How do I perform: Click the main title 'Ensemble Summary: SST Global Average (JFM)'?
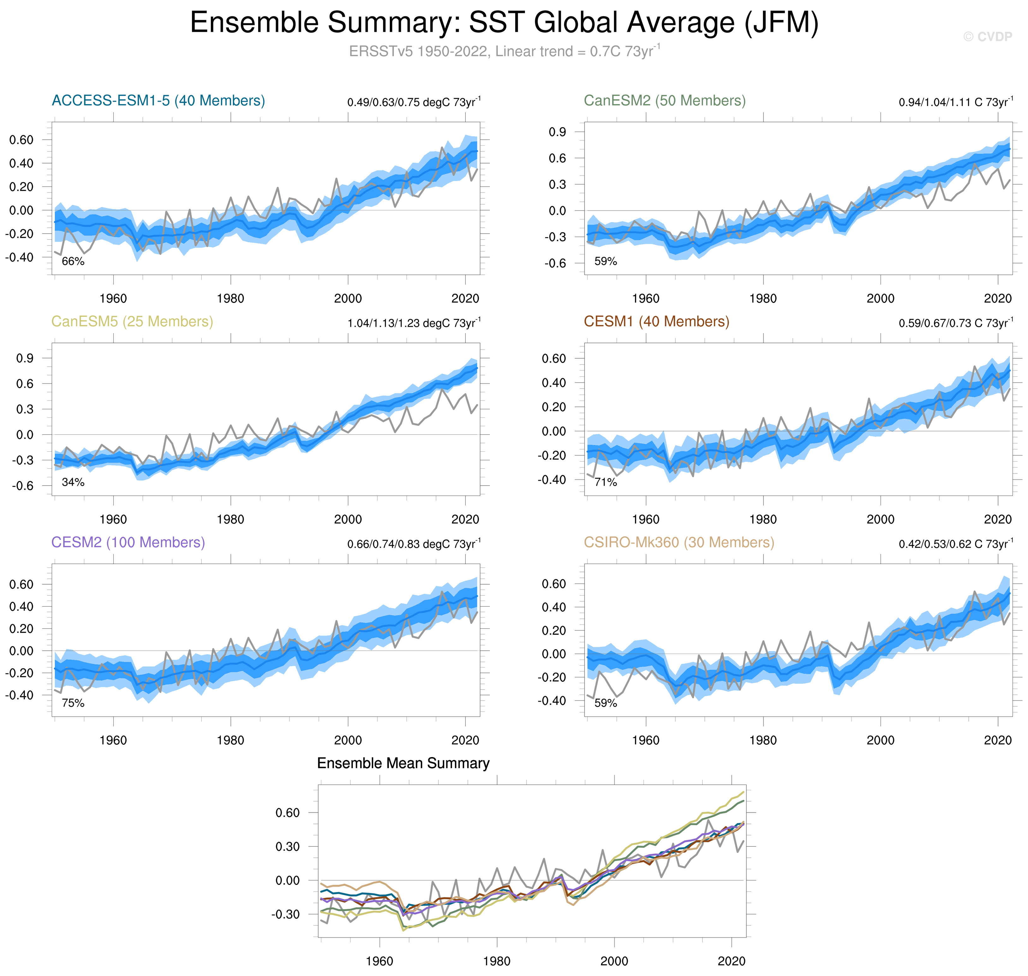[x=504, y=23]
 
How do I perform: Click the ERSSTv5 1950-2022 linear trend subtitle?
[x=504, y=51]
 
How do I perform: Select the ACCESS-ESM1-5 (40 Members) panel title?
[x=158, y=100]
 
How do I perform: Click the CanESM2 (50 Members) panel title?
[x=664, y=100]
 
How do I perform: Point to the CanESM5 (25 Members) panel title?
[x=132, y=321]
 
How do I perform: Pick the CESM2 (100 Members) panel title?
[x=128, y=542]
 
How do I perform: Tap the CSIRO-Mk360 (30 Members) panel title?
[x=679, y=542]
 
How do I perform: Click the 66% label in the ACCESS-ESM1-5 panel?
[x=73, y=261]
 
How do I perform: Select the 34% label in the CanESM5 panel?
[x=73, y=482]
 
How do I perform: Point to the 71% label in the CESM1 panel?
[x=605, y=482]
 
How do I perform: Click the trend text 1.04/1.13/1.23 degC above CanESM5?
[x=414, y=323]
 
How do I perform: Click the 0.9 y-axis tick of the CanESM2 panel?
[x=557, y=132]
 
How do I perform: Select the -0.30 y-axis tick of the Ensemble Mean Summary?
[x=285, y=914]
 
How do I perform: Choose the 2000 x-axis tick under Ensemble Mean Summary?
[x=614, y=961]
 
